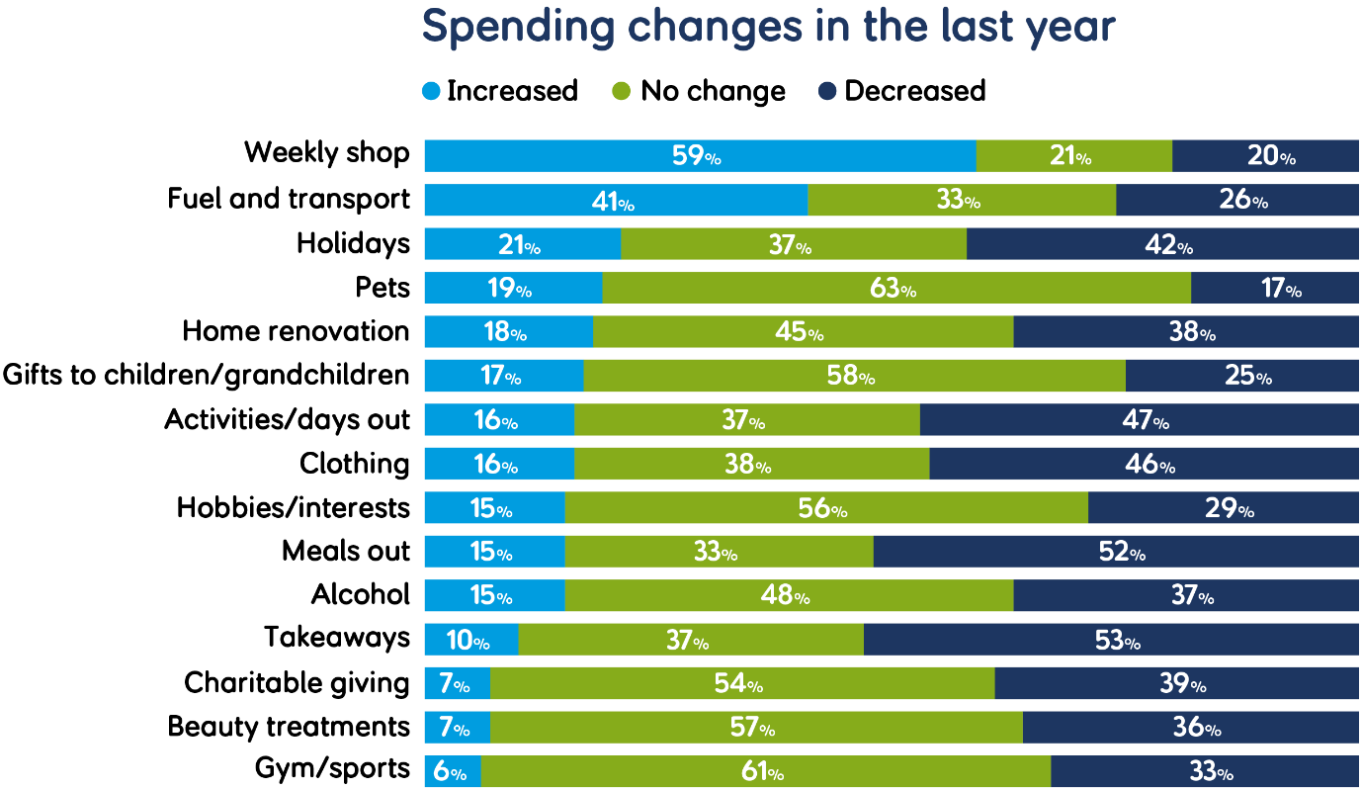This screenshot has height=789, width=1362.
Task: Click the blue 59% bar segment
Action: point(699,156)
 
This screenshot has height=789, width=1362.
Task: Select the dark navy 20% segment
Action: point(1265,156)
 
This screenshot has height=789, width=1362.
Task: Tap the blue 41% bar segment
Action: point(615,200)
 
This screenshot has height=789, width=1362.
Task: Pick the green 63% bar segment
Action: point(895,288)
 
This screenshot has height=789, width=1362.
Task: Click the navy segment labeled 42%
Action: point(1162,244)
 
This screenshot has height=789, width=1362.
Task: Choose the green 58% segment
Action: point(854,376)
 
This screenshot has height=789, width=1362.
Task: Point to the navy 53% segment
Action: point(1111,640)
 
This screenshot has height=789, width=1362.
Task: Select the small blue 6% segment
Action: point(452,771)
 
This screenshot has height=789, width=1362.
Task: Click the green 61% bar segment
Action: point(765,771)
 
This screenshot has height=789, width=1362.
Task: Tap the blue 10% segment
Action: point(470,640)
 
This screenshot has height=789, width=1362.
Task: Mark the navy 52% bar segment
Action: point(1116,552)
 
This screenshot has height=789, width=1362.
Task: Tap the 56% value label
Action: point(823,508)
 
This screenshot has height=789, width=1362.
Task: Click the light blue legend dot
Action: point(431,91)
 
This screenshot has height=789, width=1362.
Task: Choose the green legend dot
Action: point(621,91)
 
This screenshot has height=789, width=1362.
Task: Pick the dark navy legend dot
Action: point(827,91)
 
